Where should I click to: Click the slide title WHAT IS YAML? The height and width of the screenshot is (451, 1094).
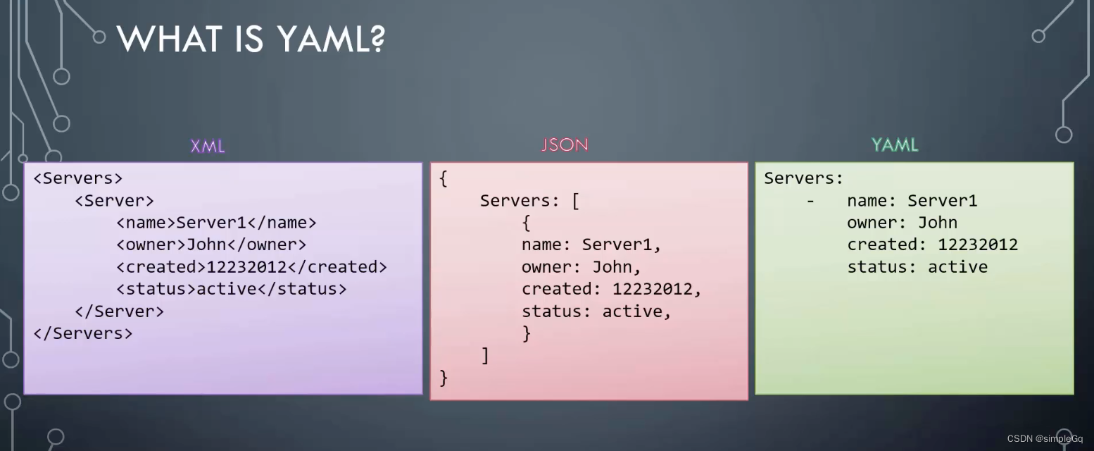(251, 38)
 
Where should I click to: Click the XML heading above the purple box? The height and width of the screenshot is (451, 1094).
(208, 147)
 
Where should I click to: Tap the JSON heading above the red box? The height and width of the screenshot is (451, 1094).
(565, 145)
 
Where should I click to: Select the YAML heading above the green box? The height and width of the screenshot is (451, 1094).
(895, 145)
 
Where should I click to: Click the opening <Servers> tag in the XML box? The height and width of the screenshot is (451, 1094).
(78, 178)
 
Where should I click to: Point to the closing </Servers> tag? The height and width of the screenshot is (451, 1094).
(83, 333)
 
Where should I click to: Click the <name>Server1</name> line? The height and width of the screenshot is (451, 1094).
(216, 223)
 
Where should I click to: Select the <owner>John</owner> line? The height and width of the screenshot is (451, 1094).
(211, 245)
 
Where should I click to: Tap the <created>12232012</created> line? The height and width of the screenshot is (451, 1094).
(251, 267)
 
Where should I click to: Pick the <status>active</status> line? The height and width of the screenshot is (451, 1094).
(232, 289)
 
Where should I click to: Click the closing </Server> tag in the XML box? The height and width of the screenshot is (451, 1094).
(119, 311)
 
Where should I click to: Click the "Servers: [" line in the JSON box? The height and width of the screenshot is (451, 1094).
(529, 201)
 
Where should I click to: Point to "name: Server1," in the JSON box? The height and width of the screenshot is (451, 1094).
(591, 245)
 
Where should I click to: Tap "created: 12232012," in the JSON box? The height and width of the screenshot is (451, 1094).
(612, 289)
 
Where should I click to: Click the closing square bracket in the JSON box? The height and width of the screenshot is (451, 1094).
(485, 356)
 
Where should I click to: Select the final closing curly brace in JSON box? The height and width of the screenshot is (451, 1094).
(444, 378)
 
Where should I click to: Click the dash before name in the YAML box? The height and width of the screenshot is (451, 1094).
(811, 201)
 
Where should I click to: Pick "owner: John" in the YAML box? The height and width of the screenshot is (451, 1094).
(902, 223)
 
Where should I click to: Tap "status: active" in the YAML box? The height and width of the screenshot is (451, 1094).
(917, 267)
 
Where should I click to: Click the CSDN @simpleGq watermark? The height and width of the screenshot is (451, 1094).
(1045, 438)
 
